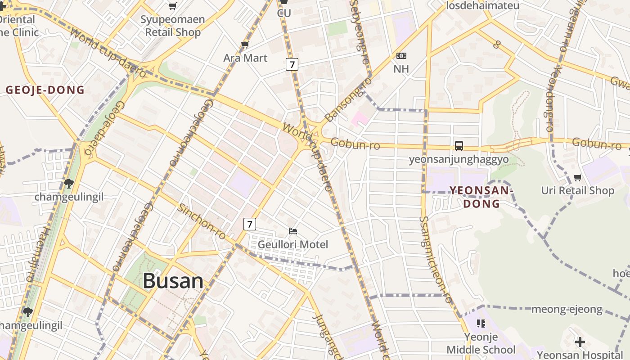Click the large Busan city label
pyautogui.click(x=173, y=281)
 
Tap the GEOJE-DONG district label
pyautogui.click(x=45, y=90)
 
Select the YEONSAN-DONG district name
pyautogui.click(x=481, y=197)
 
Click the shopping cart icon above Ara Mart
pyautogui.click(x=245, y=45)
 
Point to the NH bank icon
pyautogui.click(x=401, y=56)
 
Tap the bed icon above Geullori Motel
pyautogui.click(x=293, y=231)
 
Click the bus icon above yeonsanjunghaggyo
pyautogui.click(x=459, y=146)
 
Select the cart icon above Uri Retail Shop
pyautogui.click(x=578, y=177)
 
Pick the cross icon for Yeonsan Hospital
pyautogui.click(x=580, y=342)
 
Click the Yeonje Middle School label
pyautogui.click(x=481, y=343)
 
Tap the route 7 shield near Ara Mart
pyautogui.click(x=292, y=64)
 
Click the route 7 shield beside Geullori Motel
pyautogui.click(x=250, y=224)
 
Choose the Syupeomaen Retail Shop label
pyautogui.click(x=173, y=26)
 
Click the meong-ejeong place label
pyautogui.click(x=567, y=309)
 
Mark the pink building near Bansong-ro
pyautogui.click(x=360, y=119)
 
